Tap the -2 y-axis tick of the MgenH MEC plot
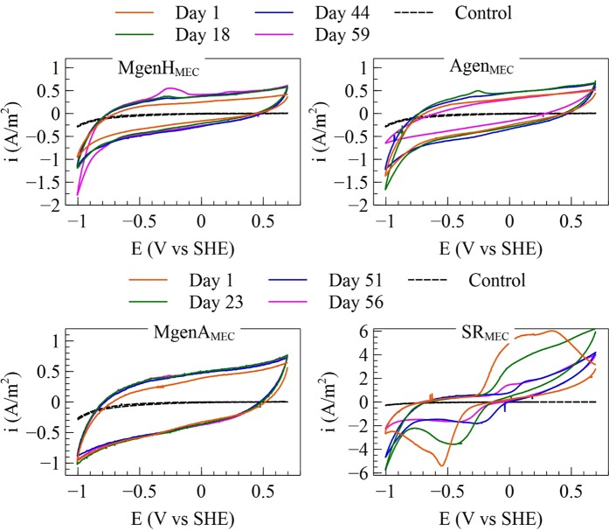click(x=56, y=206)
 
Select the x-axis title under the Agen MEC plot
click(x=481, y=248)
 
